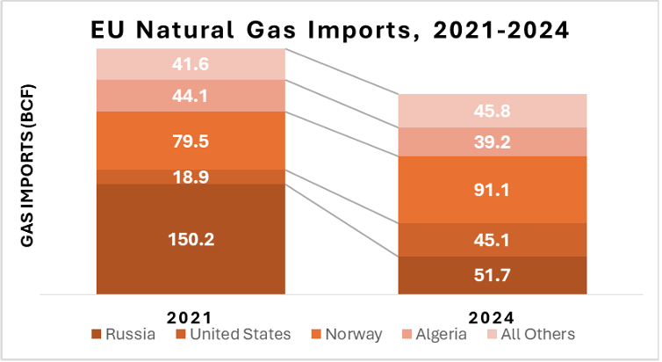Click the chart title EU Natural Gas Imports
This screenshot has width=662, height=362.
point(331,30)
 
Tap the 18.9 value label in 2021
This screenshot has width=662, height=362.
point(191,177)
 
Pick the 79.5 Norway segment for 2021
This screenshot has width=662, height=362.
point(191,141)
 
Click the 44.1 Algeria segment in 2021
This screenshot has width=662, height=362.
point(191,96)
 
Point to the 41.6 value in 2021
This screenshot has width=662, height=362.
point(191,63)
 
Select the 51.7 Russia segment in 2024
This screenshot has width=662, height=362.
point(492,277)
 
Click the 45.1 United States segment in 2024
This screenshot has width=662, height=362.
point(492,240)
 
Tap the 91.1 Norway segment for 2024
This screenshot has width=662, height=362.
point(492,189)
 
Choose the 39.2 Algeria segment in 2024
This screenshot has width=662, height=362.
point(492,142)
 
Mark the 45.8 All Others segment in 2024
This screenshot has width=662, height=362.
point(492,112)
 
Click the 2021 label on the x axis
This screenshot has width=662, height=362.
point(191,315)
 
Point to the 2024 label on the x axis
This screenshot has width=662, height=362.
point(492,315)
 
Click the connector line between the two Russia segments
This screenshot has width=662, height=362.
point(342,221)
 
